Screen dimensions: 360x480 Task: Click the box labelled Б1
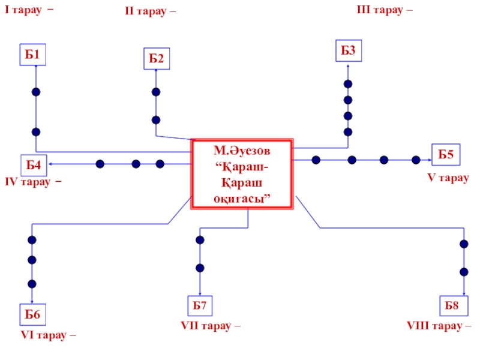click(x=33, y=55)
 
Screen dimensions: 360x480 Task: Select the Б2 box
click(x=157, y=58)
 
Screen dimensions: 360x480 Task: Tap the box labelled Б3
click(x=348, y=51)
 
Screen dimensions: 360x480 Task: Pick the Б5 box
click(x=445, y=155)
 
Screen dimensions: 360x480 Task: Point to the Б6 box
click(x=32, y=314)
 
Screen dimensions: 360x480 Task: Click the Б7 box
click(x=199, y=306)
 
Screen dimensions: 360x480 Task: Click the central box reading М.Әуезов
click(x=242, y=173)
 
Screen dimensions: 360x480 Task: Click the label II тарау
click(x=150, y=11)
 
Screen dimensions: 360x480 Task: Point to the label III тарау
click(x=385, y=10)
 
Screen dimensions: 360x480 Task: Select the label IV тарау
click(x=33, y=181)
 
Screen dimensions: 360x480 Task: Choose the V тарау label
click(x=448, y=178)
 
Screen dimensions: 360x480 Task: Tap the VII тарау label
click(x=211, y=326)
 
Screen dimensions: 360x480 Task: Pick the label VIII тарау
click(x=439, y=326)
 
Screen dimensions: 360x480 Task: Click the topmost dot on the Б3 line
click(x=348, y=84)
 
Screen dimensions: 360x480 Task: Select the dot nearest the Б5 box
click(x=416, y=160)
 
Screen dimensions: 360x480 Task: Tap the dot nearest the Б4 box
click(x=100, y=164)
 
